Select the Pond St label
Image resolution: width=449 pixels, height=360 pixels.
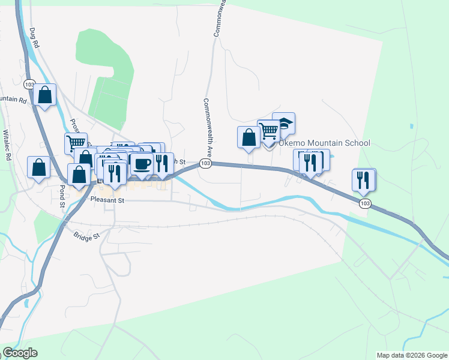tap(62, 196)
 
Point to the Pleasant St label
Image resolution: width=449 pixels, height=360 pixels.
tap(107, 200)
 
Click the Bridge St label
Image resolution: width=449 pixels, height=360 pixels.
tap(86, 236)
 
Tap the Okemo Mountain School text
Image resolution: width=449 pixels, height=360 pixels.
tap(324, 143)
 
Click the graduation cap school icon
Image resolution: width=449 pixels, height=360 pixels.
tap(284, 124)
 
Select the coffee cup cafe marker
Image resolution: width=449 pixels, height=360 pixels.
tap(142, 164)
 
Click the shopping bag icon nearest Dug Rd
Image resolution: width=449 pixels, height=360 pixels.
tap(44, 95)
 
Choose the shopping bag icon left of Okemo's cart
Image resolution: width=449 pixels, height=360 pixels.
tap(249, 137)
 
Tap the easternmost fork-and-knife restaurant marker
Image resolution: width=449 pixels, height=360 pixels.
tap(364, 179)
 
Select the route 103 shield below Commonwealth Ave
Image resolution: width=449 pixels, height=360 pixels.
tap(205, 164)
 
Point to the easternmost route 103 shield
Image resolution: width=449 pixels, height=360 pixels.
tap(365, 204)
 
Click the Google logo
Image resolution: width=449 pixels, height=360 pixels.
tap(20, 353)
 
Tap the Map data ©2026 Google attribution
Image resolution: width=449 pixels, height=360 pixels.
tap(412, 355)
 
